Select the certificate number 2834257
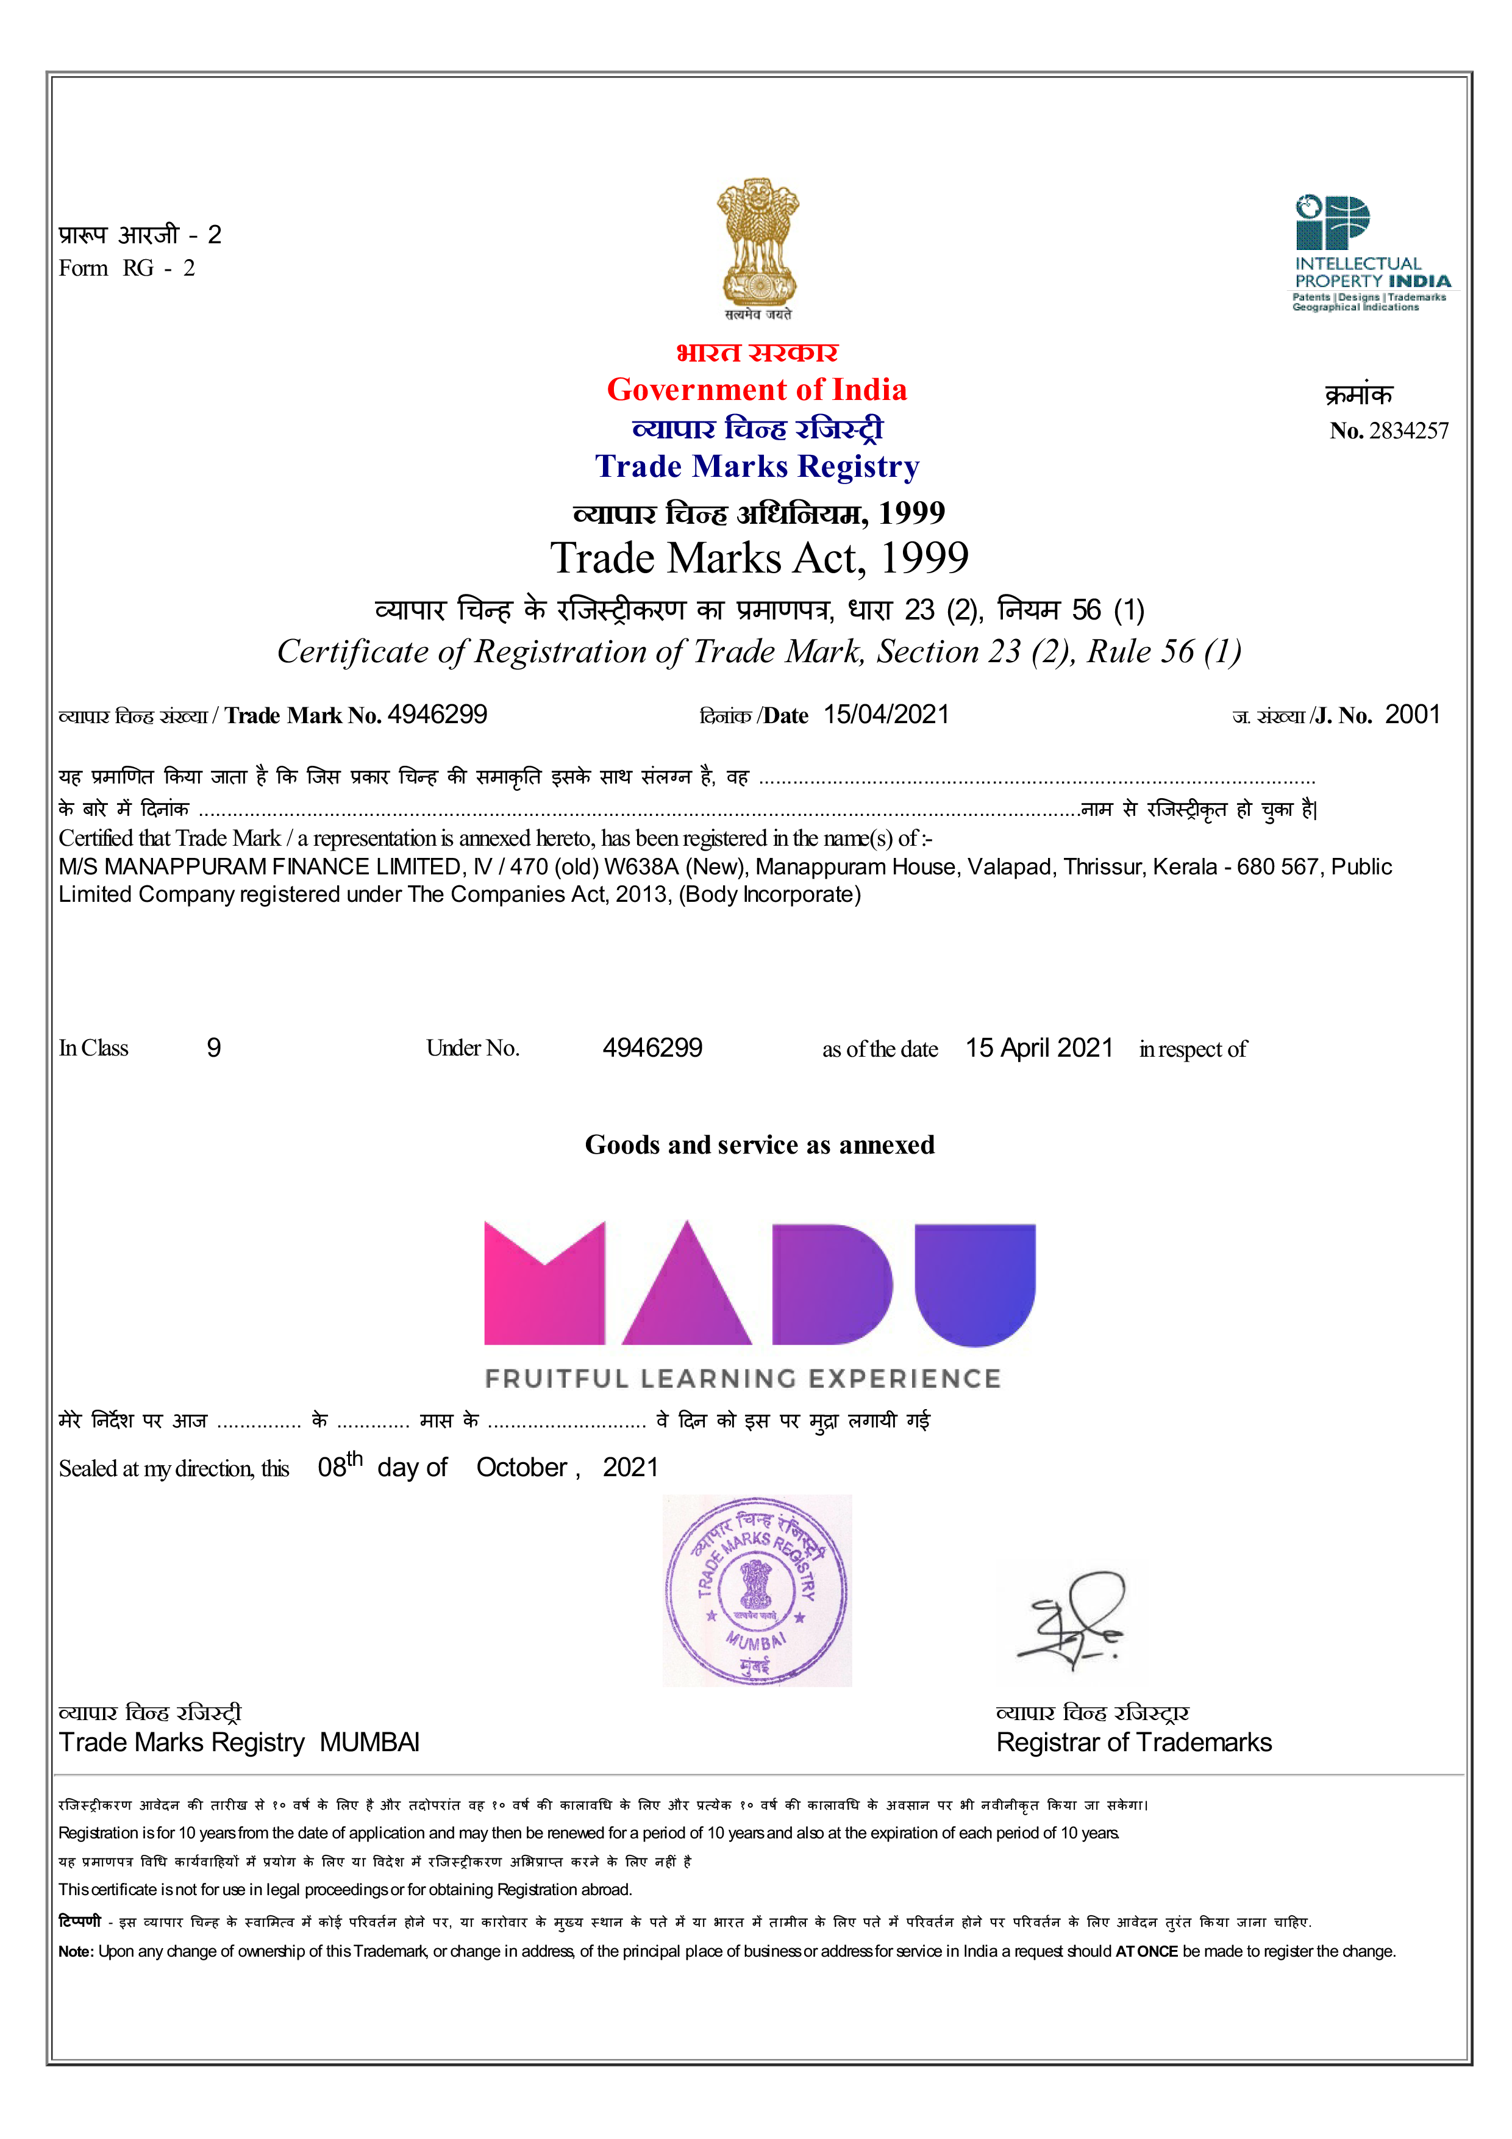point(1408,430)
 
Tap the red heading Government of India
point(757,390)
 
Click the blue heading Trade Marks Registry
point(757,466)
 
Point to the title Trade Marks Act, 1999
point(758,558)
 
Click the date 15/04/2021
point(886,715)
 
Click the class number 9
point(213,1048)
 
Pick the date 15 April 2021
point(1039,1048)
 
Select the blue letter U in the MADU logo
point(974,1281)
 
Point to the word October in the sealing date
point(522,1467)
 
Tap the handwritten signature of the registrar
point(1074,1621)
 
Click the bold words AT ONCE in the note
point(1146,1951)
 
